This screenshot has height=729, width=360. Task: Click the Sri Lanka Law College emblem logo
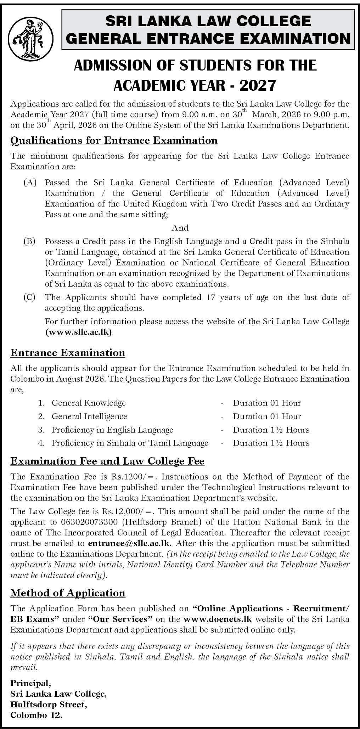pyautogui.click(x=30, y=39)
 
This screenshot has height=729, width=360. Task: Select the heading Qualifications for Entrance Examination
pyautogui.click(x=114, y=141)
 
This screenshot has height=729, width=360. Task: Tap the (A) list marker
pyautogui.click(x=30, y=183)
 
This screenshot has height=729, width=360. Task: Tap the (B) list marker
pyautogui.click(x=30, y=242)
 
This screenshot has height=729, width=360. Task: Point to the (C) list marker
pyautogui.click(x=30, y=297)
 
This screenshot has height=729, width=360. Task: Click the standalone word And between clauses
pyautogui.click(x=180, y=228)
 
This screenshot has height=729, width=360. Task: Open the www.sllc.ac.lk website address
pyautogui.click(x=78, y=332)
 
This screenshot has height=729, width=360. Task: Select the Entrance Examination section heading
pyautogui.click(x=68, y=353)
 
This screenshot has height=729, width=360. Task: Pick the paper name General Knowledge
pyautogui.click(x=89, y=403)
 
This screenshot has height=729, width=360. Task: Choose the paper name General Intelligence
pyautogui.click(x=89, y=416)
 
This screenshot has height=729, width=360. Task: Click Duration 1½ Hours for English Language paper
pyautogui.click(x=271, y=430)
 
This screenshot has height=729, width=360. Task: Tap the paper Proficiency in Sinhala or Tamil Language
pyautogui.click(x=130, y=443)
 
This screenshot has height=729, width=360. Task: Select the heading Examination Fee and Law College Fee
pyautogui.click(x=107, y=461)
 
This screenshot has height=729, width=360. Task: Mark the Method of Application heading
pyautogui.click(x=68, y=593)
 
